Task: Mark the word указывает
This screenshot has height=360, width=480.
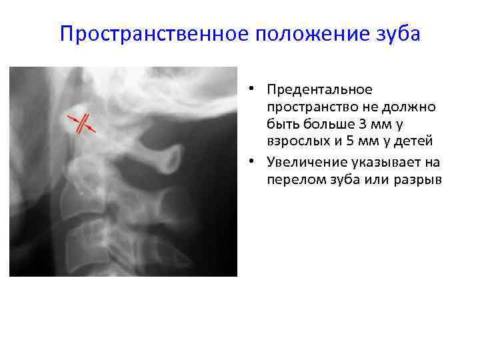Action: (x=387, y=163)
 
